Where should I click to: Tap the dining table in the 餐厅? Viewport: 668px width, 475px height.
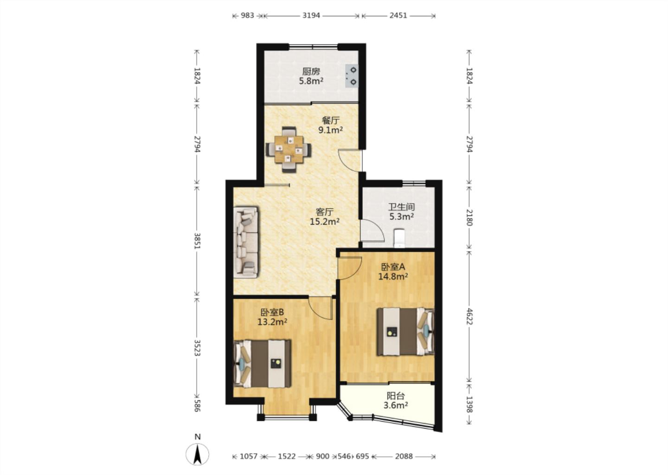click(289, 149)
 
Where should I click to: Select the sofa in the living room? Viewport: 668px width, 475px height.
click(246, 243)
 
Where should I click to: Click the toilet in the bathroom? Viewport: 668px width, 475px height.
click(399, 238)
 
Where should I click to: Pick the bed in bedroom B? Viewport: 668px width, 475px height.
click(262, 364)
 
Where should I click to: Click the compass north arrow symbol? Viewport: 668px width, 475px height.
click(197, 454)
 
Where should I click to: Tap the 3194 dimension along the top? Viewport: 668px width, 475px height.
click(311, 15)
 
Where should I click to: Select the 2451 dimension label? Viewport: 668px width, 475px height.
click(398, 15)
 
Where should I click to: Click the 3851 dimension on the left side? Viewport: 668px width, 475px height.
click(197, 241)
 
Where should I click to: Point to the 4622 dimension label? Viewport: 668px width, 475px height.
click(469, 316)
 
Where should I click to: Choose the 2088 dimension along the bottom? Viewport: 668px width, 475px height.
click(404, 456)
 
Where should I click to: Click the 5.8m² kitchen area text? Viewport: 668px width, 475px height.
click(311, 81)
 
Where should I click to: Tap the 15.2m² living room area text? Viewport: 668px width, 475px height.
click(324, 222)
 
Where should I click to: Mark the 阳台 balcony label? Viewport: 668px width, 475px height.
click(396, 396)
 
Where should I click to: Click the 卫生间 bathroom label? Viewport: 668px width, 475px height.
click(401, 206)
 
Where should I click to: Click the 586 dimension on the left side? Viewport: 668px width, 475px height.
click(197, 406)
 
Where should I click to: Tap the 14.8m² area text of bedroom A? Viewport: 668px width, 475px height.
click(393, 276)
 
